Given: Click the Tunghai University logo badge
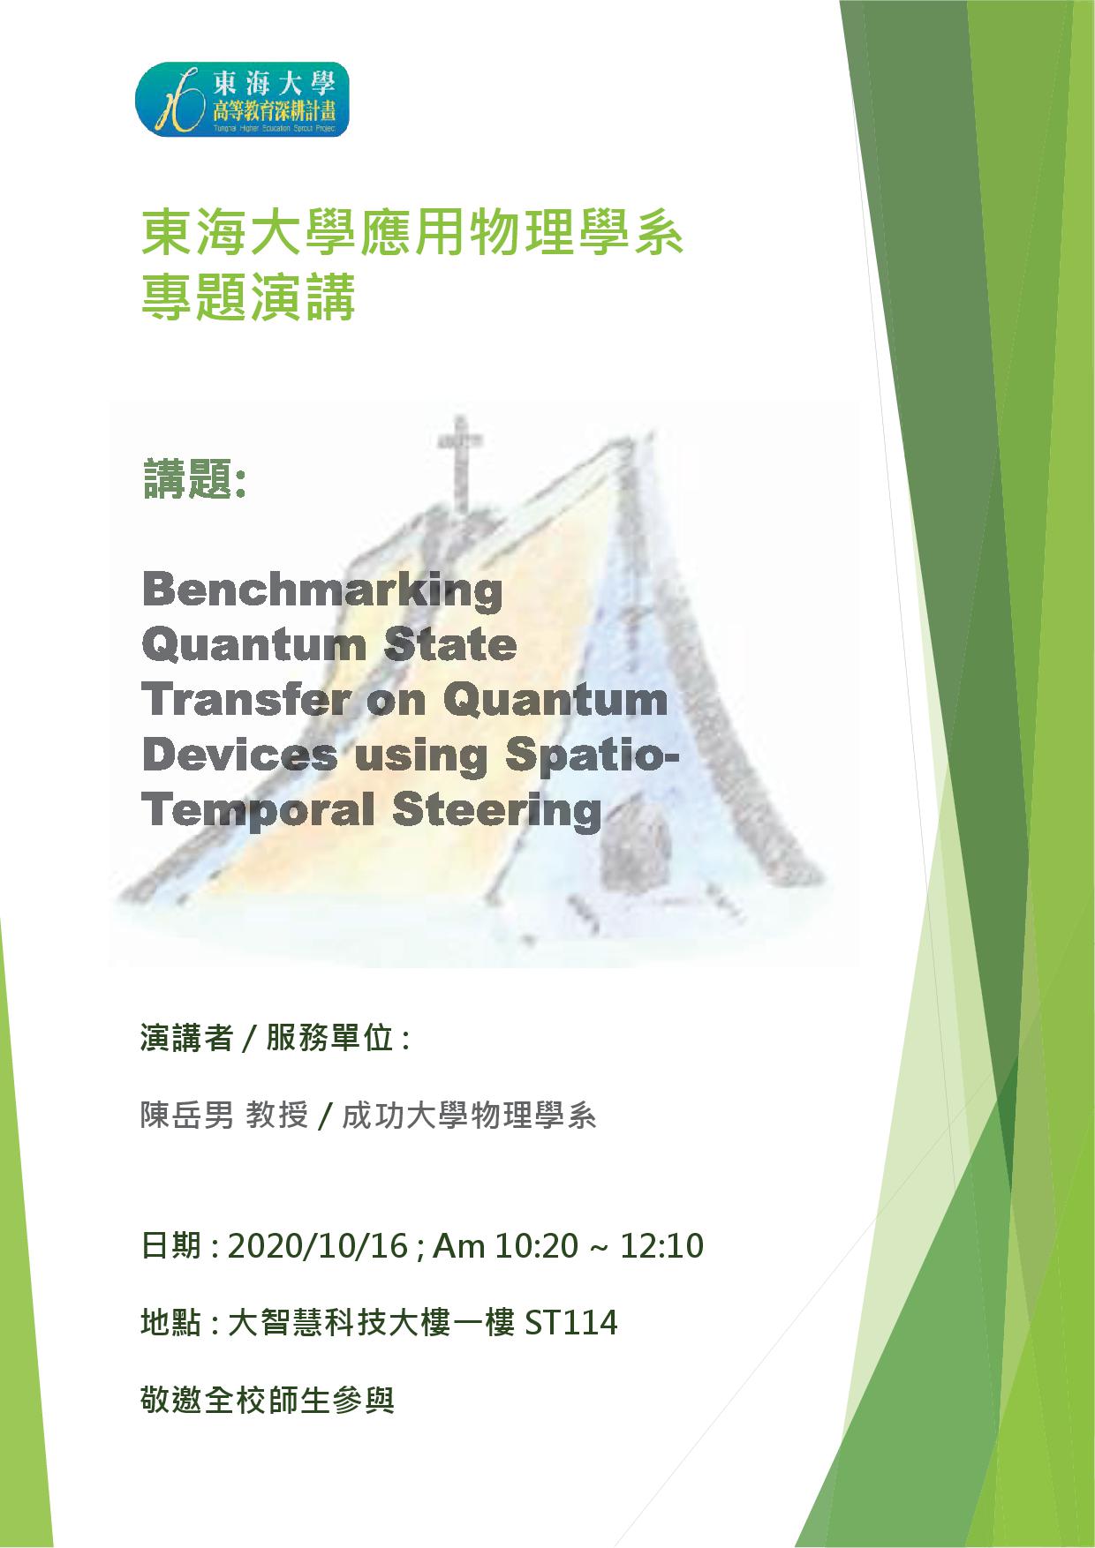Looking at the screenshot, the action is (242, 99).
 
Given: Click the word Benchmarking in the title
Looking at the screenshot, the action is (322, 590).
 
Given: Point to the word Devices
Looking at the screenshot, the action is (239, 755).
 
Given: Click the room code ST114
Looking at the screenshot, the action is (571, 1323).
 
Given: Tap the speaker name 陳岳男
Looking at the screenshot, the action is (187, 1116).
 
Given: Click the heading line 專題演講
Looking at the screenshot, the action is (248, 298).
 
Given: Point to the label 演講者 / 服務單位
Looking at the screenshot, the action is (276, 1038).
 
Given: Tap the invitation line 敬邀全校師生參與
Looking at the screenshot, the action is (267, 1401).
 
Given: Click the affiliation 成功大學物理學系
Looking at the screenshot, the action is (469, 1116).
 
